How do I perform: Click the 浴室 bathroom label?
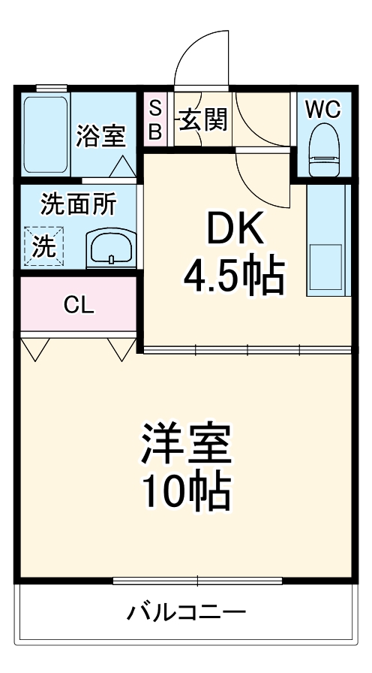pos(100,137)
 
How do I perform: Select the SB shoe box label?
pos(155,119)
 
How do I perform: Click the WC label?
pos(322,109)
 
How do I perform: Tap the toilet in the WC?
pos(324,149)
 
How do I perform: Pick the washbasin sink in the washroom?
pos(110,249)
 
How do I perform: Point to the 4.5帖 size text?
pos(234,277)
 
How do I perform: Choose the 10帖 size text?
pos(185,491)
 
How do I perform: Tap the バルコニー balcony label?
pos(185,612)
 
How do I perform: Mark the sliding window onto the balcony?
pos(197,580)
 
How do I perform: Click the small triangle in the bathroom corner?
pos(124,165)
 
